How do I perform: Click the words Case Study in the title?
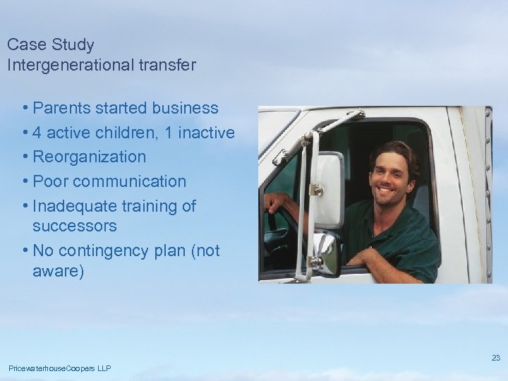click(x=50, y=45)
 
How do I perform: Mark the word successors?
click(x=74, y=226)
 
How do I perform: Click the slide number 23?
click(x=496, y=358)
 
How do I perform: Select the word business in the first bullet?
click(x=186, y=109)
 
